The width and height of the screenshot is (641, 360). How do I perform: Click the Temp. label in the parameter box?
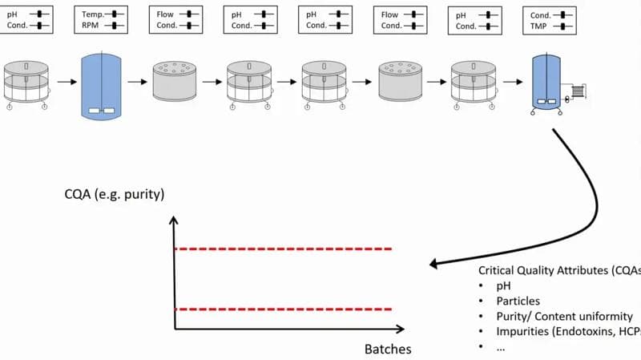click(x=93, y=14)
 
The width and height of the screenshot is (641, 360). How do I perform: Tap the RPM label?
click(x=90, y=26)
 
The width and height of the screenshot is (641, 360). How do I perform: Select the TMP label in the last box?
click(x=538, y=26)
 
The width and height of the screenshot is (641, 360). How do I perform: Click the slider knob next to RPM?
click(x=115, y=26)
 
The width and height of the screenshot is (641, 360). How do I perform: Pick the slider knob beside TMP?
click(x=563, y=26)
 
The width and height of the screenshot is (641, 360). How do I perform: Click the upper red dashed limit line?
click(x=284, y=249)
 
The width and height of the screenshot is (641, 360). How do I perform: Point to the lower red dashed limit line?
click(x=284, y=309)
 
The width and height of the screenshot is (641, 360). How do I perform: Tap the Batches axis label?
click(x=388, y=349)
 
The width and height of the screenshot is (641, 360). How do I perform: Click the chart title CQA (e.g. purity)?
click(x=115, y=194)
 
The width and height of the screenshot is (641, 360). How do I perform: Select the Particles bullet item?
click(x=518, y=301)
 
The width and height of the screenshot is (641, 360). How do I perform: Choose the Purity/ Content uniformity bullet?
click(x=565, y=317)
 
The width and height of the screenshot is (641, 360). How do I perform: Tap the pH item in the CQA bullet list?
click(x=503, y=286)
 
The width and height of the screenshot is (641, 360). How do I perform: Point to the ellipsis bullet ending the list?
click(x=501, y=349)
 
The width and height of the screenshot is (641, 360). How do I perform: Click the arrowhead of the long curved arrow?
click(x=433, y=264)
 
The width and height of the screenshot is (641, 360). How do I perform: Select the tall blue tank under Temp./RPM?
click(x=102, y=87)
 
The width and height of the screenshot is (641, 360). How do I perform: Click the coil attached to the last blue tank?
click(x=577, y=91)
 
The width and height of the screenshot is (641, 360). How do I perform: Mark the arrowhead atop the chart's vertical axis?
click(x=174, y=220)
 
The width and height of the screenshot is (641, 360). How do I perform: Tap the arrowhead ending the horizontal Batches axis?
click(x=400, y=329)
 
